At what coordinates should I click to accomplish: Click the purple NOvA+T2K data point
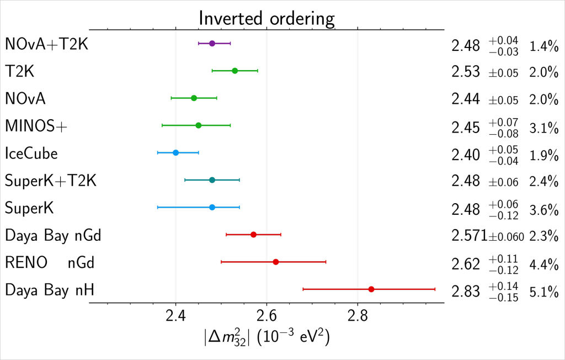pos(212,43)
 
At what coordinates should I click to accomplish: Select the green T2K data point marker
pos(234,71)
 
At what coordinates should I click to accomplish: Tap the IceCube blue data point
pos(175,152)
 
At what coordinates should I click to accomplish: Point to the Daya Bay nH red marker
pos(371,289)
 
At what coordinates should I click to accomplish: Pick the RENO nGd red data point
pos(276,262)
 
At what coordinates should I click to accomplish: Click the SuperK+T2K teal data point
pos(212,180)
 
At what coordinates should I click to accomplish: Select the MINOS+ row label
pos(36,126)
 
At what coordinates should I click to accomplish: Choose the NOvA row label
pos(25,99)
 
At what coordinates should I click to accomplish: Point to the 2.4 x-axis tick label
pos(175,317)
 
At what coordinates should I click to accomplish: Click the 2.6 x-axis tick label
pos(266,317)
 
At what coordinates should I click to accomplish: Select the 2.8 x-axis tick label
pos(358,317)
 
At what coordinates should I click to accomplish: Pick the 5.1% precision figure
pos(544,291)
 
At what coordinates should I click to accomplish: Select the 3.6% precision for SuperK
pos(544,210)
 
